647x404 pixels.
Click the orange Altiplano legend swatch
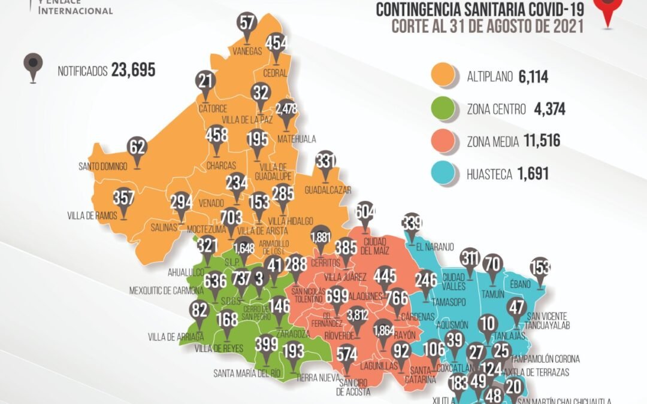444,76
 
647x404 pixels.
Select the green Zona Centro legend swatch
444,109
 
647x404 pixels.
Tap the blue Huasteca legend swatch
444,174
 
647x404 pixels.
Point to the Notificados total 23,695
132,71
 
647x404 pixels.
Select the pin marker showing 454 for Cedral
276,44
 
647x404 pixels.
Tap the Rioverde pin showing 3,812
358,315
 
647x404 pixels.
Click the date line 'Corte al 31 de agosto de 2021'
486,26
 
